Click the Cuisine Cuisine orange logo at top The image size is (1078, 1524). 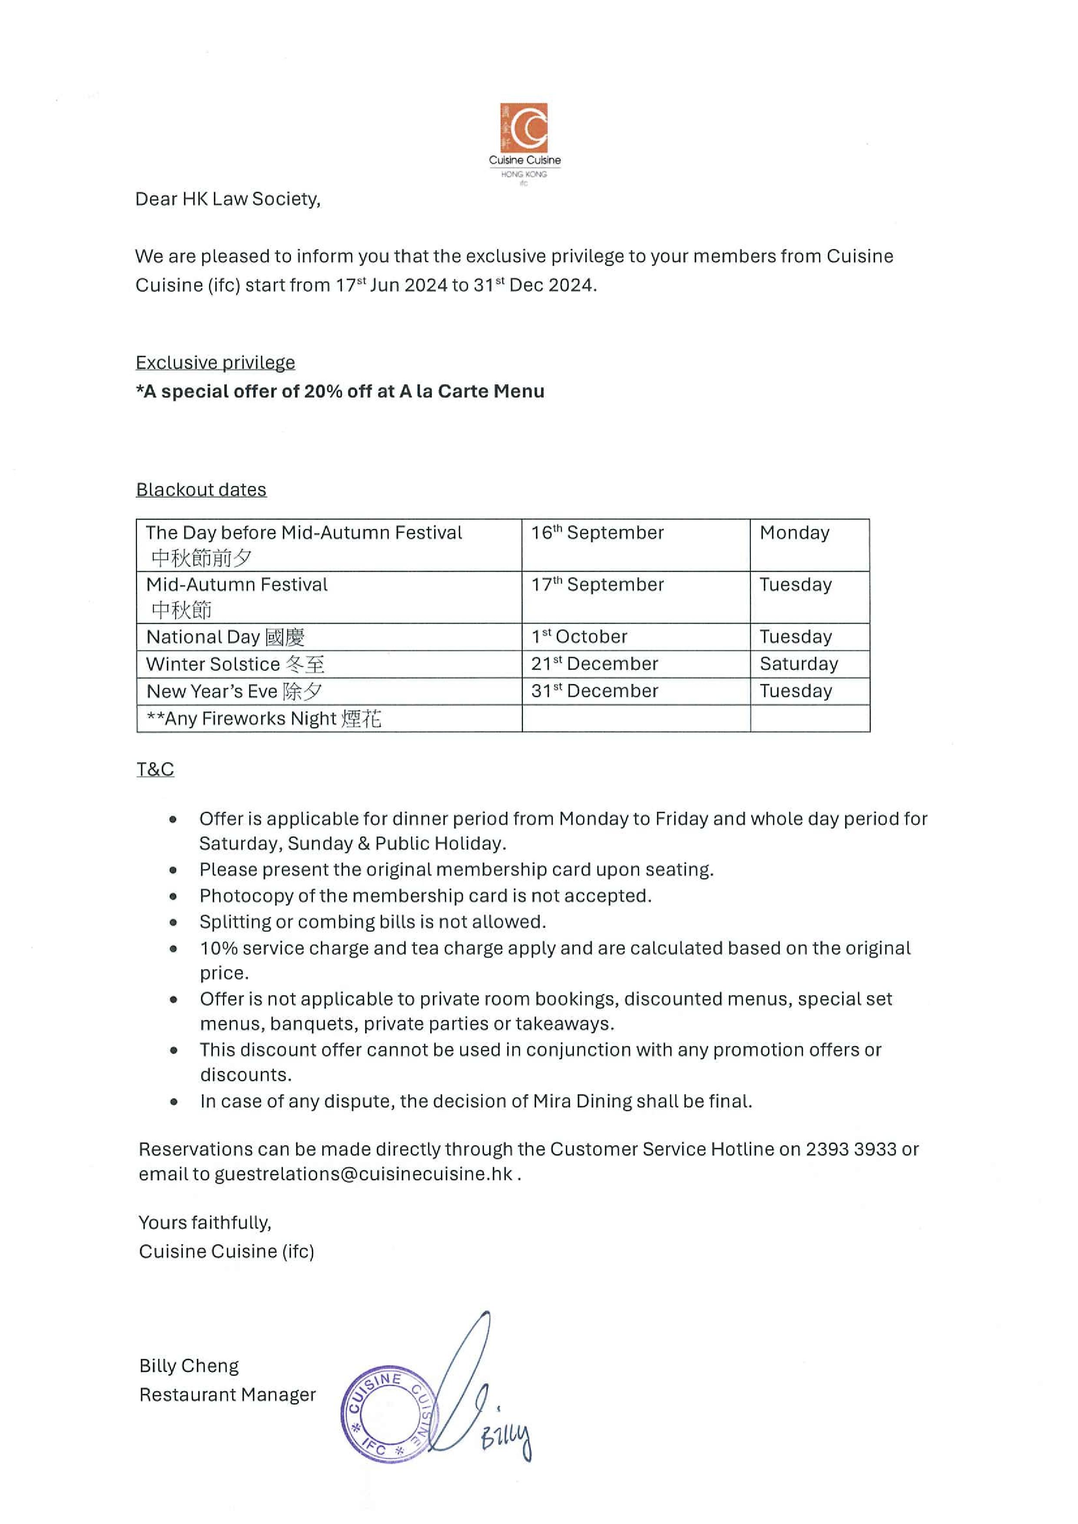[524, 128]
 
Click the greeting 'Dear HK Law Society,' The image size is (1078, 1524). [228, 199]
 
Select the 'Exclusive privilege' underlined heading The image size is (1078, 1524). [215, 363]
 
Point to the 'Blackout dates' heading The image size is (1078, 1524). [201, 490]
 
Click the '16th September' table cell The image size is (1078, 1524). [597, 533]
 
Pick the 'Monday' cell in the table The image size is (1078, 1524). [794, 533]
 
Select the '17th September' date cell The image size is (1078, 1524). [597, 585]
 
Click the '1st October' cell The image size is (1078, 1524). [579, 637]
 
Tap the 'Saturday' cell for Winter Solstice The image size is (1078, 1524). [798, 664]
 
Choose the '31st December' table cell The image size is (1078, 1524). [594, 691]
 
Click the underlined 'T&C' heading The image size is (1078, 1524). [156, 769]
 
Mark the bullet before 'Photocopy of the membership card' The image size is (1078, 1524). [173, 897]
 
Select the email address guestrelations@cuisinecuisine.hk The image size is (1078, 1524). [363, 1174]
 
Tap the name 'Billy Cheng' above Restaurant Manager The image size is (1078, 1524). [189, 1366]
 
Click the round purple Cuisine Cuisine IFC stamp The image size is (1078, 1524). [389, 1414]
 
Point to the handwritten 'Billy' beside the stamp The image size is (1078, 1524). [507, 1438]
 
